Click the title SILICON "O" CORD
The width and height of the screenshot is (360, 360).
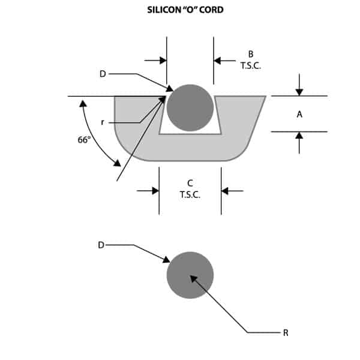tap(185, 10)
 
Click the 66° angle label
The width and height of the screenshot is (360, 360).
tap(84, 140)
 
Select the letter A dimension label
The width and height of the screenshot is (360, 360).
tap(299, 114)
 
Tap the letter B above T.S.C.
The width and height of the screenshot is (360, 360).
tap(251, 54)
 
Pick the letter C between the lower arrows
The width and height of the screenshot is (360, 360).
tap(190, 183)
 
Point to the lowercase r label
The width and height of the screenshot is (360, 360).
tap(103, 122)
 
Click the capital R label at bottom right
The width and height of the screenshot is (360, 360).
tap(286, 332)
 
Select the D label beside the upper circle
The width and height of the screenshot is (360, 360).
tap(103, 74)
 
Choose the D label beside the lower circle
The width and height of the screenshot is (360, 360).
tap(101, 245)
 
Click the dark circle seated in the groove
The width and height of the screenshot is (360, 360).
tap(190, 107)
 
